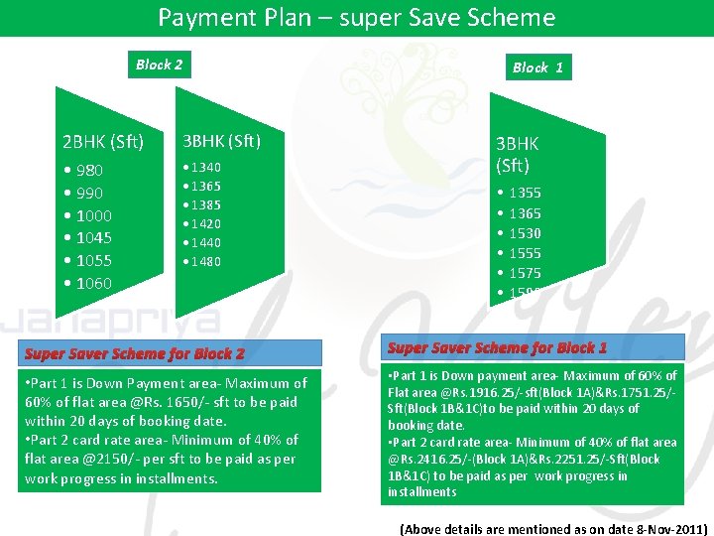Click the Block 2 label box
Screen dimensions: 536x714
(x=159, y=66)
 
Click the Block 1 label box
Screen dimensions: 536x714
(x=537, y=67)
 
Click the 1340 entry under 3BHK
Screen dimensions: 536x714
(x=205, y=168)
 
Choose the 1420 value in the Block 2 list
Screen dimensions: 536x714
(x=205, y=224)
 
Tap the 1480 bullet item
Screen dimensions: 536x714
(x=205, y=262)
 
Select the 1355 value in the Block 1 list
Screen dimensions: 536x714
(x=525, y=193)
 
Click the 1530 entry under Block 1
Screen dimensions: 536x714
(x=525, y=233)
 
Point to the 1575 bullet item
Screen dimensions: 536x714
(x=525, y=273)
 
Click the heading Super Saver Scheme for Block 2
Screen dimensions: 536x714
(x=135, y=353)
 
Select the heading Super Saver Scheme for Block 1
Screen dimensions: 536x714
(x=497, y=347)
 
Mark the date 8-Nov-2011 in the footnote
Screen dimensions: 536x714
(x=666, y=529)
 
